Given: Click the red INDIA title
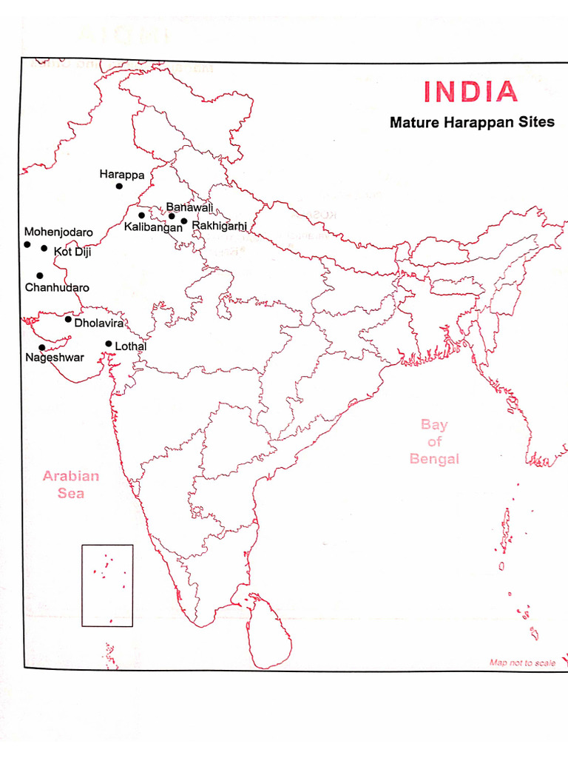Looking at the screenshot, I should click(x=470, y=92).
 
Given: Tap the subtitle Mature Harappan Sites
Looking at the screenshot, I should click(x=472, y=122).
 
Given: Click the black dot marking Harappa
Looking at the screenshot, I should click(x=119, y=187).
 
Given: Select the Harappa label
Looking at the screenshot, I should click(x=121, y=175).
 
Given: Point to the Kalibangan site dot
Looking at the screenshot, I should click(x=141, y=215).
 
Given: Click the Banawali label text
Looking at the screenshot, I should click(x=189, y=207).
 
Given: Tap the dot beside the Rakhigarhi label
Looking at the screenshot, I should click(x=184, y=221).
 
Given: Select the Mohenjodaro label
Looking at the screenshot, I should click(x=58, y=232).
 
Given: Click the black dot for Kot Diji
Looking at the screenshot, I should click(x=44, y=249).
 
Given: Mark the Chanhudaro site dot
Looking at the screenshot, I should click(x=40, y=275).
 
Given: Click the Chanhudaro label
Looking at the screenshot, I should click(x=57, y=287).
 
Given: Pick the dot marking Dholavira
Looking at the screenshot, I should click(x=68, y=320).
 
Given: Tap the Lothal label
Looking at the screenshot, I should click(x=131, y=346).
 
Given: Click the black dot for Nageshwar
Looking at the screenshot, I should click(x=41, y=347).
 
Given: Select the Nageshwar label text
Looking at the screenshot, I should click(x=54, y=358).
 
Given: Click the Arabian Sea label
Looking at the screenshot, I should click(x=71, y=485).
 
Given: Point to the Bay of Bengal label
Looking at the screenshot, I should click(x=434, y=442).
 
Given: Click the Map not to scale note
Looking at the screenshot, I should click(x=522, y=663).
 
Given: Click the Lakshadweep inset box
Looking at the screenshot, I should click(x=107, y=586).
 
